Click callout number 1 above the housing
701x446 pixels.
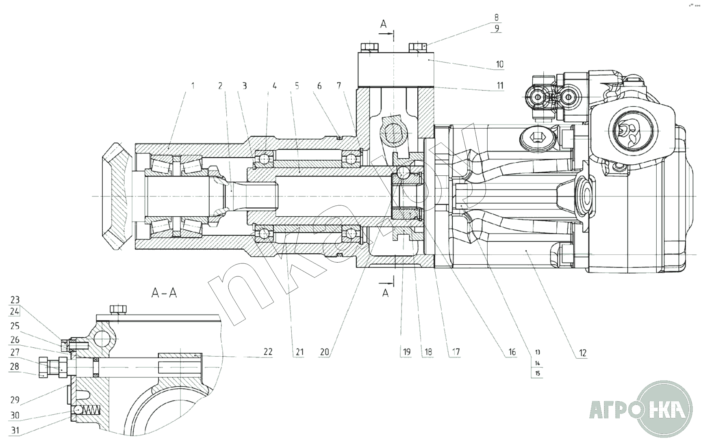tap(193, 86)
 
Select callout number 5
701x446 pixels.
tap(297, 86)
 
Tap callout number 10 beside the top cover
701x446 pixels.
tap(499, 64)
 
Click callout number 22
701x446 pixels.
tap(267, 352)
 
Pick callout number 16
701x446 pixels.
tap(512, 352)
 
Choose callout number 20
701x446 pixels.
tap(324, 352)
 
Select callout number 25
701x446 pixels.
tap(15, 326)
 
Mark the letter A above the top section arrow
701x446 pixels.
tap(383, 24)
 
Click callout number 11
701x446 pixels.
tap(499, 86)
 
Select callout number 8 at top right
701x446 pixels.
tap(497, 18)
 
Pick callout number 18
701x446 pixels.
tap(428, 352)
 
